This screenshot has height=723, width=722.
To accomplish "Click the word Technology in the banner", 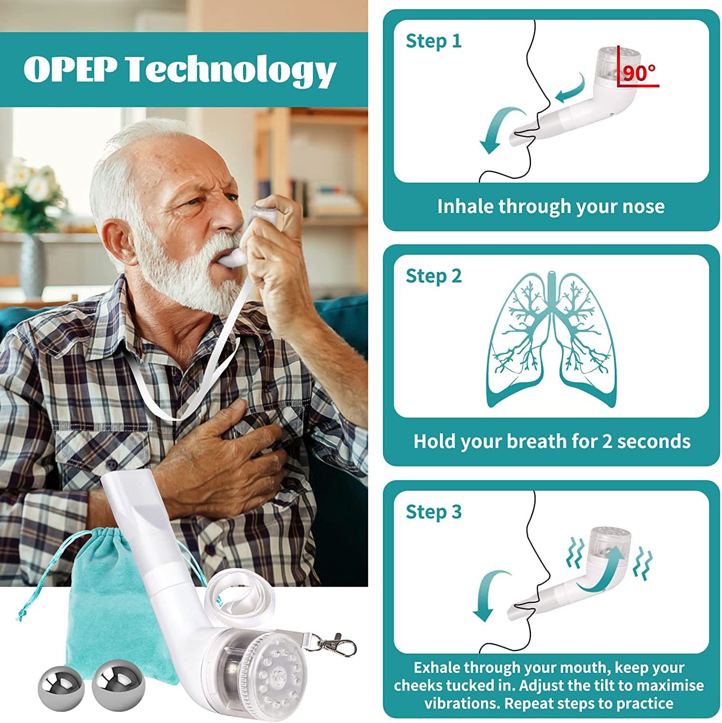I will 231,70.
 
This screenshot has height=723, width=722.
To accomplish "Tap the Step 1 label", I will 433,41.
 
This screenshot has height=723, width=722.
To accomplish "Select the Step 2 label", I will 433,276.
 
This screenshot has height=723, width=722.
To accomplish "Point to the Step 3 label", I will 433,512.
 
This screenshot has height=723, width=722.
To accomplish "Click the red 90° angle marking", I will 639,74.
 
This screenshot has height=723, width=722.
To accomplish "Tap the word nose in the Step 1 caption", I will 643,206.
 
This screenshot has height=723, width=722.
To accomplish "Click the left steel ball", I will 61,688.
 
